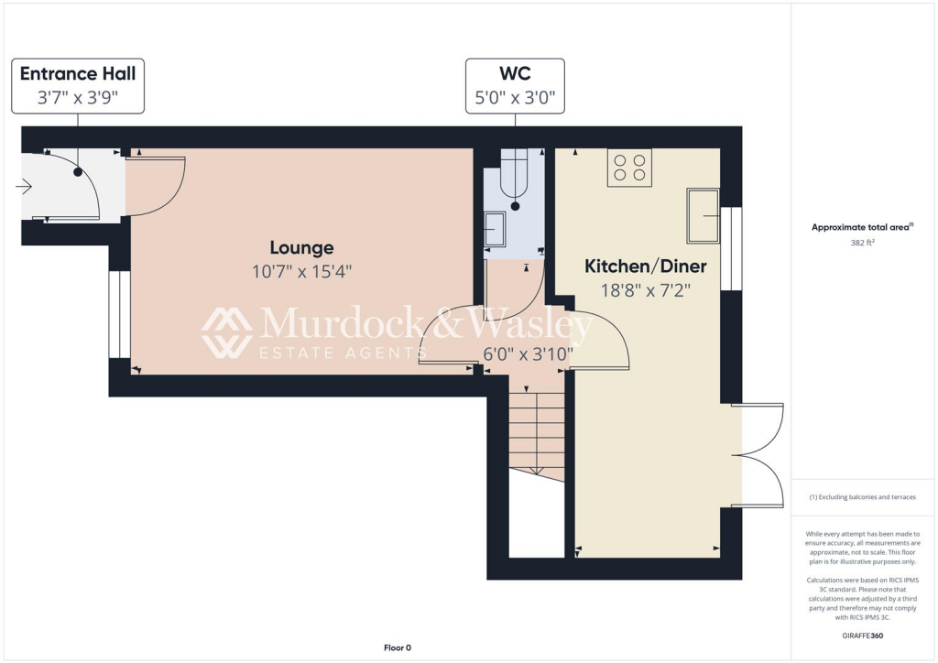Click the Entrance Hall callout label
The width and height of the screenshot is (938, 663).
tap(78, 85)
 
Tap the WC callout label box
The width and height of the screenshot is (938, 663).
tap(515, 85)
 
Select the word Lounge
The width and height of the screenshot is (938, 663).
tap(301, 247)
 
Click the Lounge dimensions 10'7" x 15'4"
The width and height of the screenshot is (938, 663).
tap(301, 271)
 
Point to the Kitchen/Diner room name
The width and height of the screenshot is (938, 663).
tap(646, 266)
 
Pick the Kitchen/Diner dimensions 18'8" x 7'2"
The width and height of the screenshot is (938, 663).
tap(646, 289)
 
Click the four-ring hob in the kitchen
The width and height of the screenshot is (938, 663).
tap(629, 168)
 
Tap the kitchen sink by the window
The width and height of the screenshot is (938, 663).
tap(703, 215)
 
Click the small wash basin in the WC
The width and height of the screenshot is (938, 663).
tap(495, 230)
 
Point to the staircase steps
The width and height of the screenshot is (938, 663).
tap(537, 430)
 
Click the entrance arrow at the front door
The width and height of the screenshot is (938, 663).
tap(24, 187)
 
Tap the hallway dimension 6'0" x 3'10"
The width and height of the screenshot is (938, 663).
tap(528, 353)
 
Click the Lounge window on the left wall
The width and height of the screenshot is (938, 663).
tap(115, 314)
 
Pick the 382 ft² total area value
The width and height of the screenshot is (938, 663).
tap(863, 245)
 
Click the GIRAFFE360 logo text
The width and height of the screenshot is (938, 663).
tap(864, 635)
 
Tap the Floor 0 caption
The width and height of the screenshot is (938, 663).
tap(398, 647)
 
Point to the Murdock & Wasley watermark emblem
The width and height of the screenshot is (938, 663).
tap(226, 331)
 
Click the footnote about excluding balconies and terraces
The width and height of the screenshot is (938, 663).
tap(863, 497)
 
